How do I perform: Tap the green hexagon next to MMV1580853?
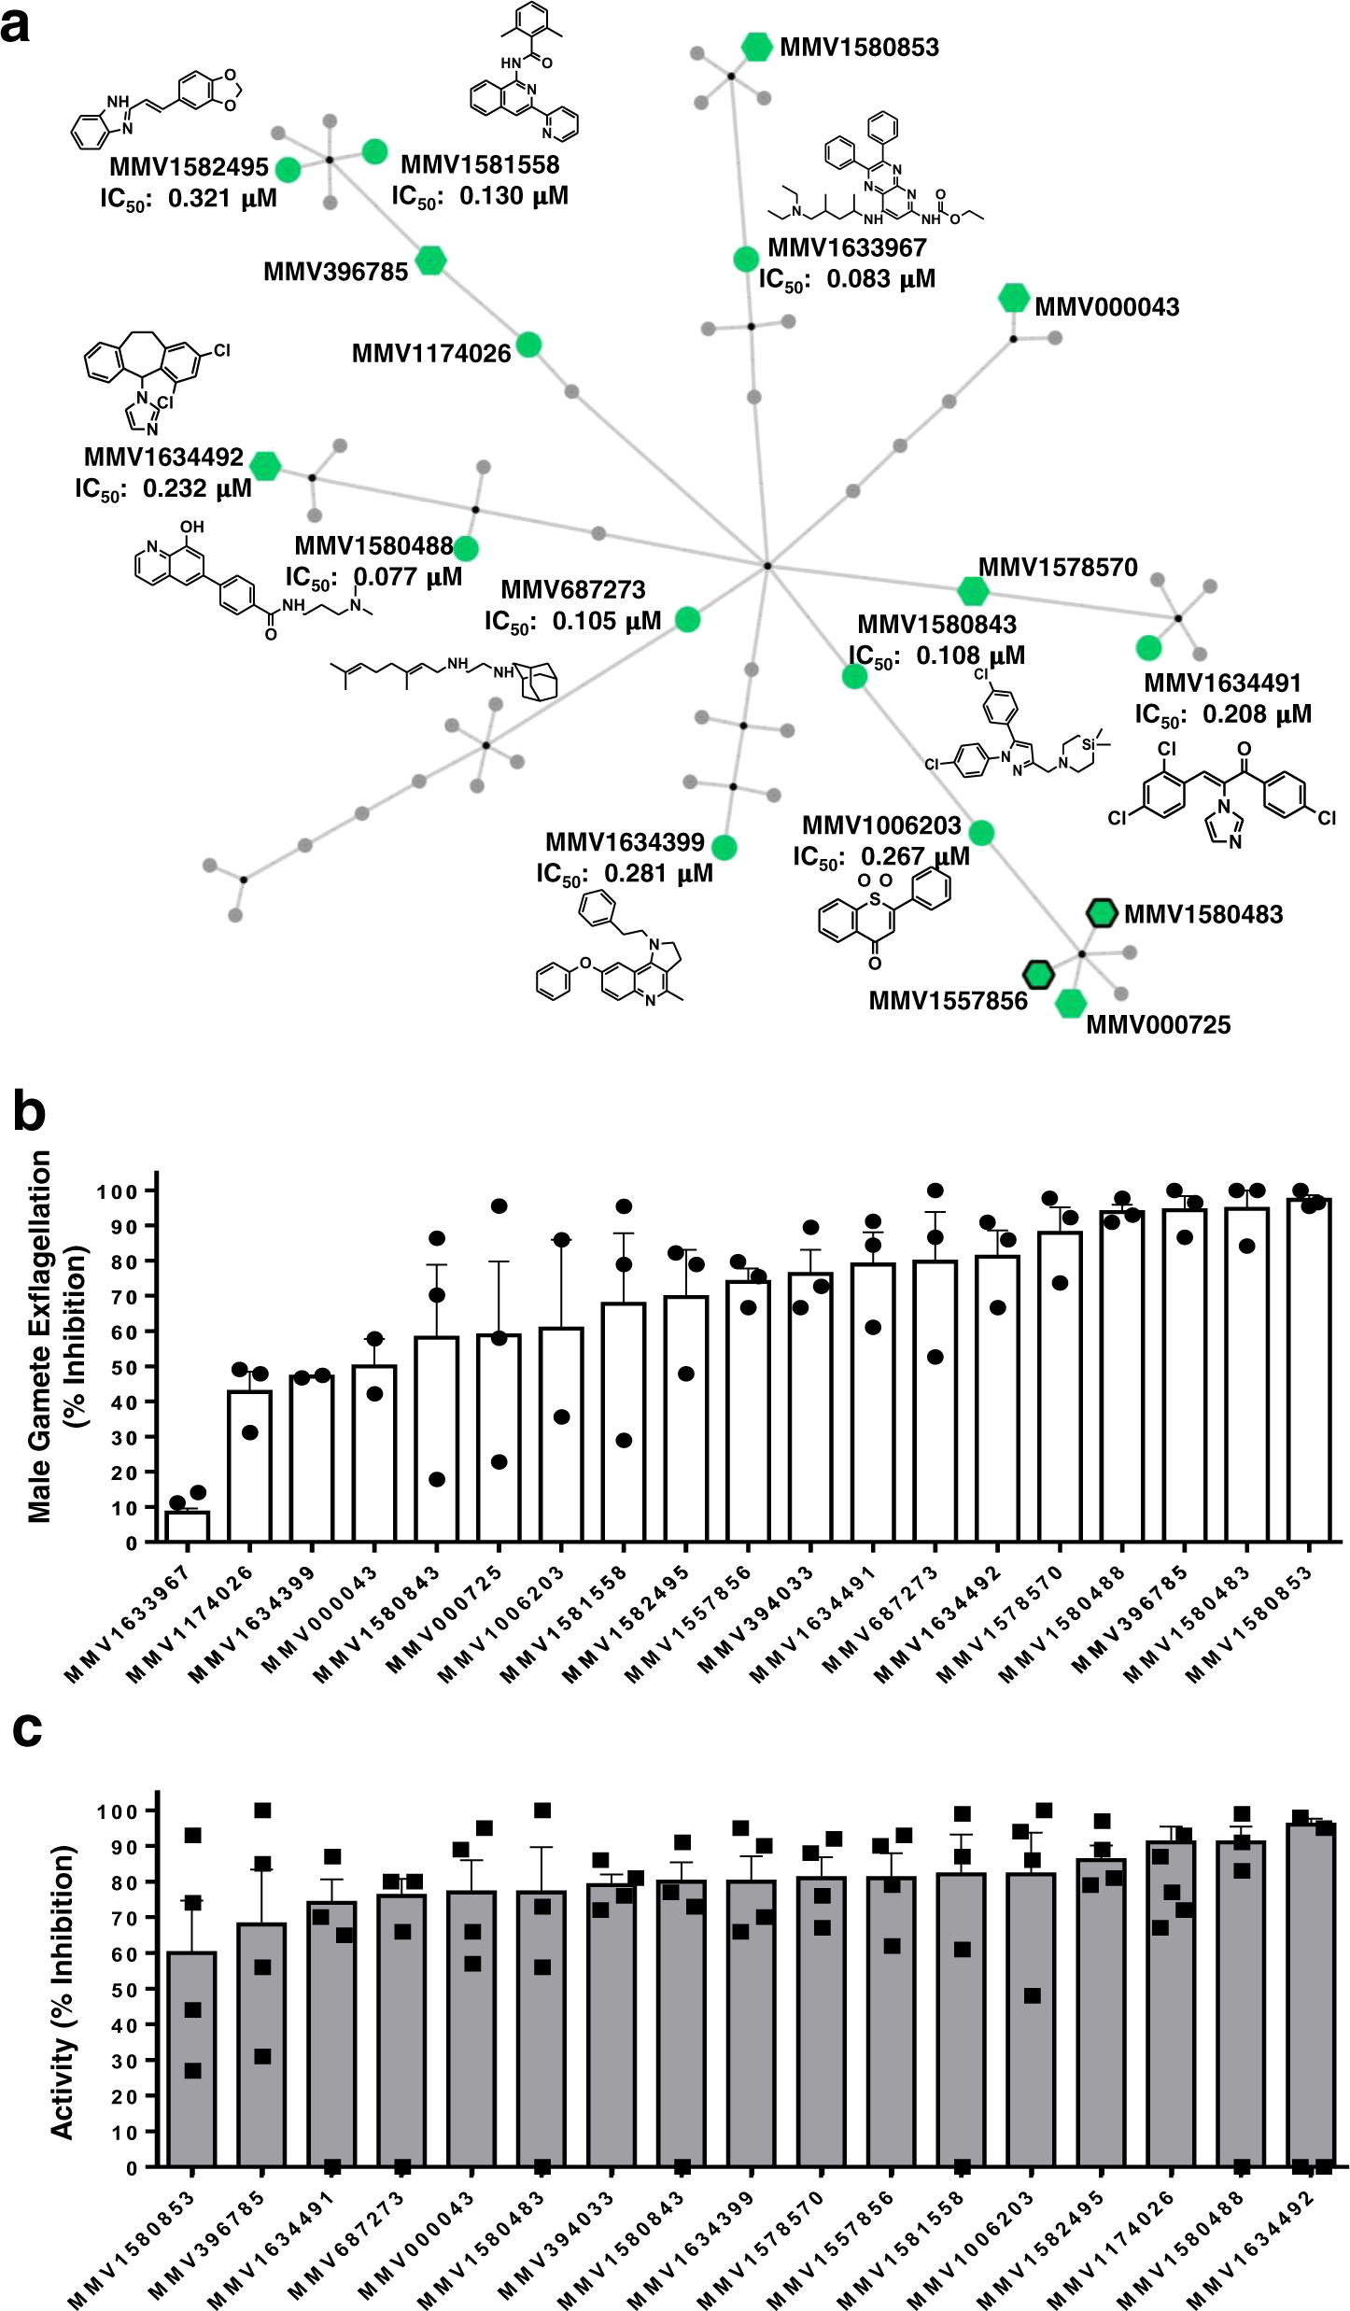(756, 46)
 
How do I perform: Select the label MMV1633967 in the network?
(847, 247)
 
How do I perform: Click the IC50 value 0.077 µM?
(408, 577)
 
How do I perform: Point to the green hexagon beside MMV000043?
(1013, 298)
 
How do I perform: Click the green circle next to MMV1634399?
(724, 847)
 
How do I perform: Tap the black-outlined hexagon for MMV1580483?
(1102, 912)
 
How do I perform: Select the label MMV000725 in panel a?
(1158, 1024)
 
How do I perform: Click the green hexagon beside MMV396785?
(430, 261)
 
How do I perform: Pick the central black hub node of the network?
(766, 566)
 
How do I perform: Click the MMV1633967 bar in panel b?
(188, 1525)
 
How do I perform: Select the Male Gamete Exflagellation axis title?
(39, 1337)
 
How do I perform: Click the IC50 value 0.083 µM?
(880, 279)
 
